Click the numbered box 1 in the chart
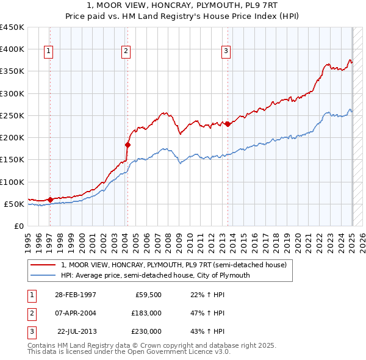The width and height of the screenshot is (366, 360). pos(48,52)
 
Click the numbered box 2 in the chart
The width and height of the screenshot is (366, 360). pos(126,52)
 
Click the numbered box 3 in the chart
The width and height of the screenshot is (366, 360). pos(226,52)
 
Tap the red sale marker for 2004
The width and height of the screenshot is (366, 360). pos(128,145)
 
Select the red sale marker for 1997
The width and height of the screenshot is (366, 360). pos(50,200)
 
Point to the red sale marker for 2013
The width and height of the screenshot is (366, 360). pos(228,124)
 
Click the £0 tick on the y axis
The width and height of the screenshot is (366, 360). pos(20,226)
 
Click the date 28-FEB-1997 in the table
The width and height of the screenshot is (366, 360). pos(75,295)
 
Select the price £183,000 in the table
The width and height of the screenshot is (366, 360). pos(146,313)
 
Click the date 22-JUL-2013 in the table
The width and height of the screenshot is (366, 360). pos(76,331)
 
